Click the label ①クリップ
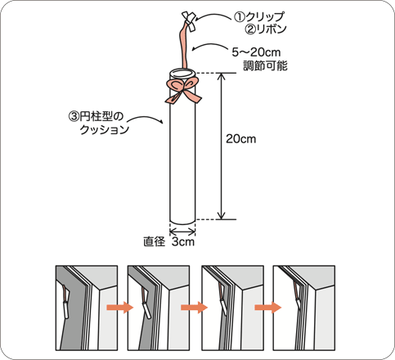(259, 17)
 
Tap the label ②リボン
(265, 29)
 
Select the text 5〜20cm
(256, 52)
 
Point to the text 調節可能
(265, 65)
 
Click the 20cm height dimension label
(241, 139)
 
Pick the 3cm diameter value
(183, 241)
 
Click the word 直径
(155, 241)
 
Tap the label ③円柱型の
(96, 117)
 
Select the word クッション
(105, 129)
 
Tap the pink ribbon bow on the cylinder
(182, 92)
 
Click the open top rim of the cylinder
(182, 74)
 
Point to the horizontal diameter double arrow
(182, 232)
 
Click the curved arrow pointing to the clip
(213, 16)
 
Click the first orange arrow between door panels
(120, 308)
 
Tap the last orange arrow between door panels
(268, 308)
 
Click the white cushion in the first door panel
(66, 310)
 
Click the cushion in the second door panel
(146, 310)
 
